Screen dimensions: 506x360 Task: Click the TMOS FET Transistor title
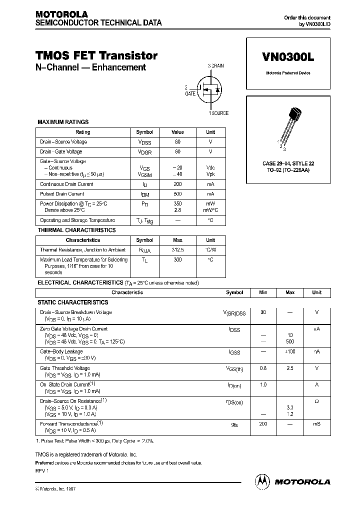tap(97, 55)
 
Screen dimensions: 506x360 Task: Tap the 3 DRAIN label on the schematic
tap(216, 66)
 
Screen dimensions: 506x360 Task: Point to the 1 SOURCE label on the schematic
tap(218, 113)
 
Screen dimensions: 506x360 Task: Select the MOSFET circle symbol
tap(210, 89)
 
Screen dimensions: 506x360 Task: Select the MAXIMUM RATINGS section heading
tap(63, 121)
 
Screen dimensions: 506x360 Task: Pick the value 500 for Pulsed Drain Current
tap(178, 193)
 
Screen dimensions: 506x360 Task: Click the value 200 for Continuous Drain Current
tap(178, 184)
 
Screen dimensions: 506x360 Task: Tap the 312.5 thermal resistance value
tap(178, 249)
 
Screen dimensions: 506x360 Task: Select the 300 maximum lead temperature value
tap(178, 259)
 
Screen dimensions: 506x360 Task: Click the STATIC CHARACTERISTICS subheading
tap(73, 302)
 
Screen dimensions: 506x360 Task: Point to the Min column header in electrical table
tap(263, 292)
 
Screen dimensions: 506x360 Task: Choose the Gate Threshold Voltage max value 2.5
tap(290, 368)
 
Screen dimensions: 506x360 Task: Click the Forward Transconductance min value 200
tap(263, 423)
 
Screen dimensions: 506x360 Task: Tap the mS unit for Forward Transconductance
tap(316, 423)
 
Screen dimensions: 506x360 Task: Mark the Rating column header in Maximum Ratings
tap(83, 132)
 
